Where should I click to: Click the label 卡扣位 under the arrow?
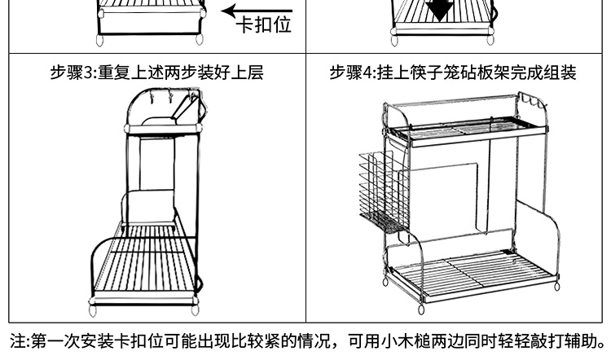coord(264,25)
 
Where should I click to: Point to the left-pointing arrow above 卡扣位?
coord(257,11)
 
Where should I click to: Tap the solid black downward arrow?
coord(440,11)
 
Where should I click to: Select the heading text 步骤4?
coord(352,72)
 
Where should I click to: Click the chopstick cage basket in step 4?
coord(384,191)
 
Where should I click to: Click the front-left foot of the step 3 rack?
coord(93,310)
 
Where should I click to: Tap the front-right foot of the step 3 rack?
coord(194,310)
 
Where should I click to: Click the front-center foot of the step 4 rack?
coord(421,310)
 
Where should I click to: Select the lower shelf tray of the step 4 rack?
coord(472,275)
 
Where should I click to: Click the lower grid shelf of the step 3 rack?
coord(145,261)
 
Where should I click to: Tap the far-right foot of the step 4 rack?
coord(557,287)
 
